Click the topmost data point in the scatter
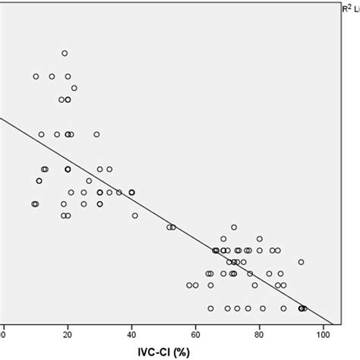[x=65, y=53]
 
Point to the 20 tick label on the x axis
[x=68, y=333]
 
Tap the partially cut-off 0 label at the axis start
[x=3, y=333]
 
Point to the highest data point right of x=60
[x=234, y=226]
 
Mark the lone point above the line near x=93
[x=301, y=262]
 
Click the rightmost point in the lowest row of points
[x=304, y=308]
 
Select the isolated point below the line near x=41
[x=135, y=216]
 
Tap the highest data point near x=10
[x=36, y=76]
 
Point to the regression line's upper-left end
[x=2, y=118]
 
